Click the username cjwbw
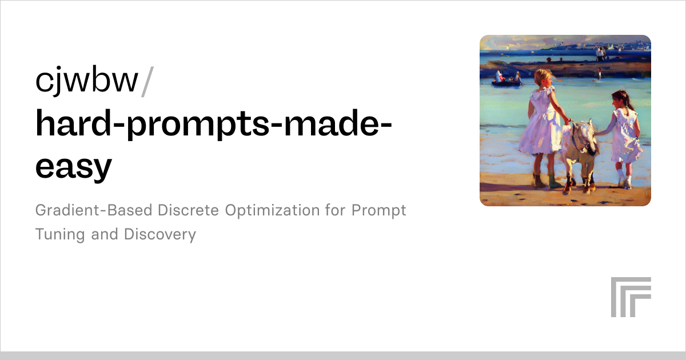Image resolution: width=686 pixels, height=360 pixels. pyautogui.click(x=86, y=81)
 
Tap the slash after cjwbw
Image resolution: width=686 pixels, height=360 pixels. pyautogui.click(x=146, y=81)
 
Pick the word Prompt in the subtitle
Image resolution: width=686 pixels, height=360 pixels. pyautogui.click(x=378, y=210)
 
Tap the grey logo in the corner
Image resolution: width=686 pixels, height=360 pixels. pyautogui.click(x=631, y=297)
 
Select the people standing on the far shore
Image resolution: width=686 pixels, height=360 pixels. pyautogui.click(x=600, y=54)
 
